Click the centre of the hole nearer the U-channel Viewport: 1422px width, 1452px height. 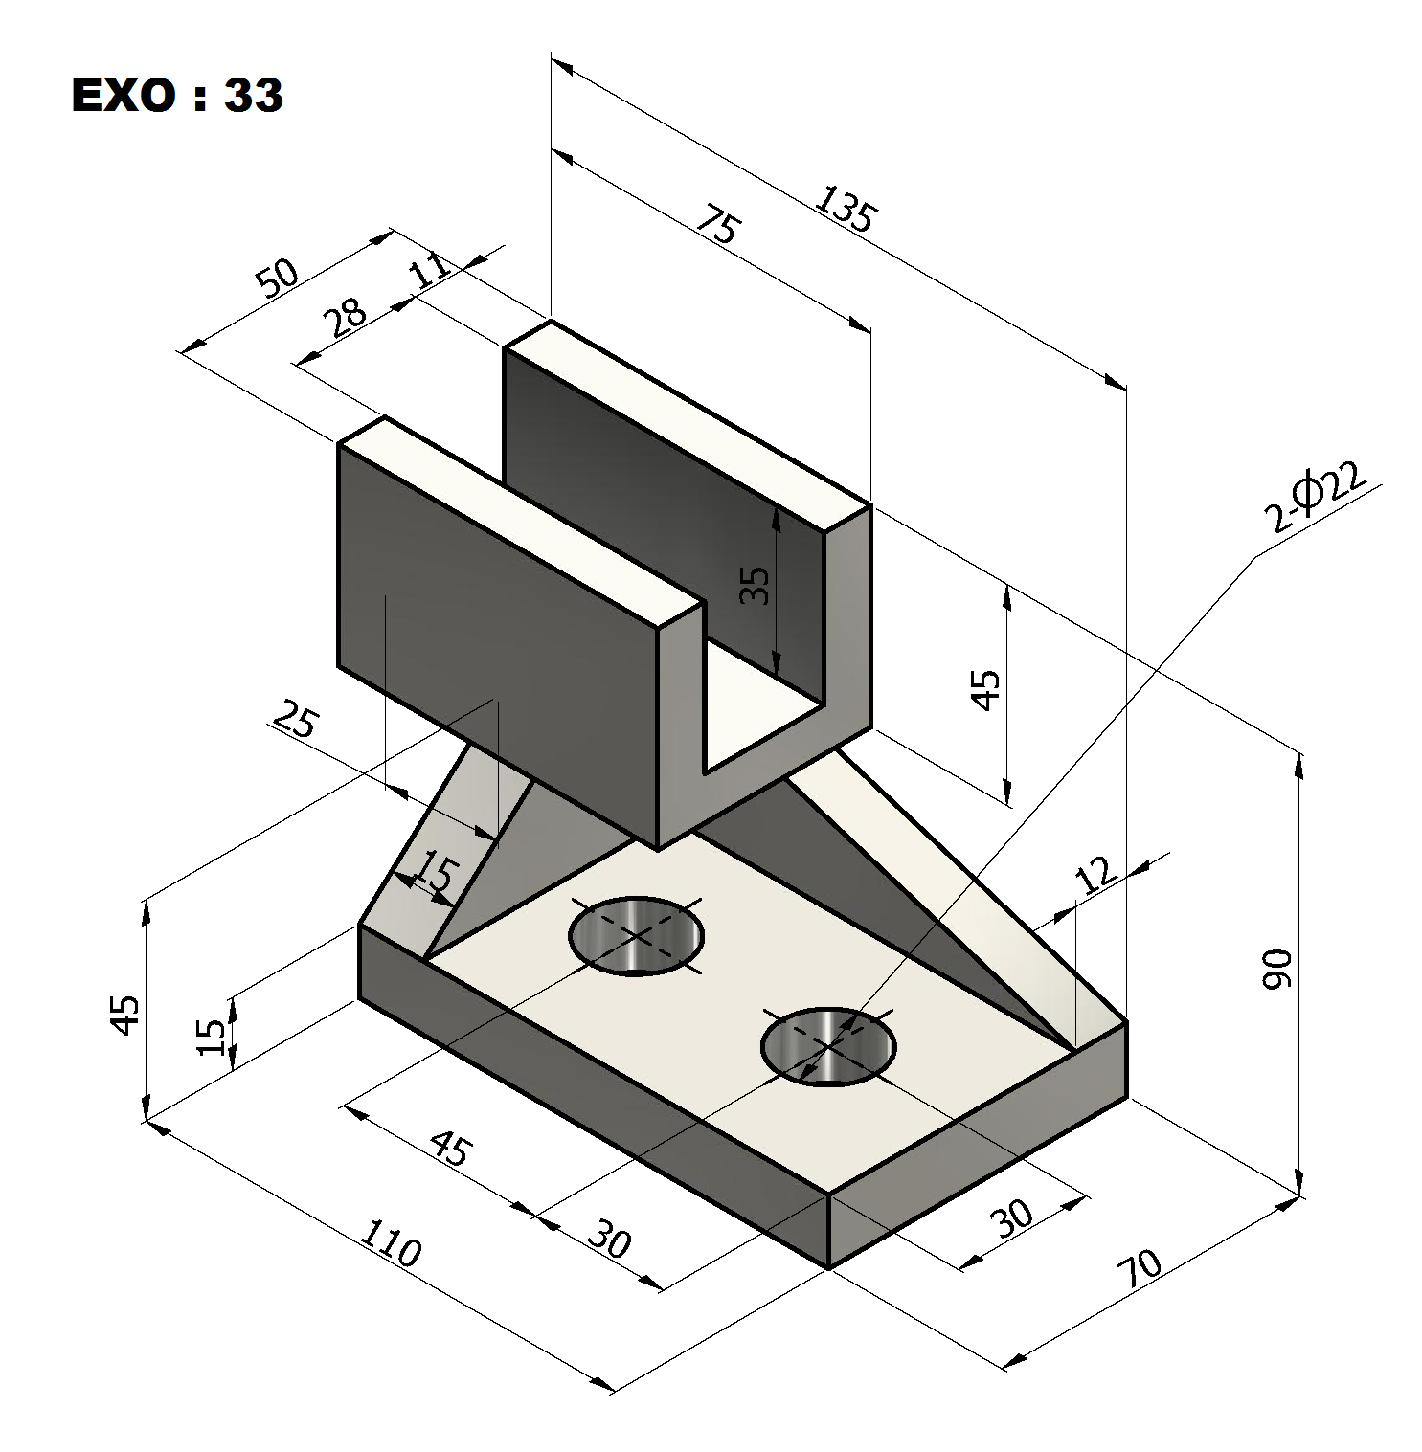(636, 935)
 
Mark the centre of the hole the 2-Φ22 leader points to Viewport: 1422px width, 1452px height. (828, 1045)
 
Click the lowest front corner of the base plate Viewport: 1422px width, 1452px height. (828, 1269)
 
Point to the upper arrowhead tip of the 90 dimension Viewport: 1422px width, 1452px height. (1299, 753)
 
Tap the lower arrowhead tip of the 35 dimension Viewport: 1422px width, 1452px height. (777, 674)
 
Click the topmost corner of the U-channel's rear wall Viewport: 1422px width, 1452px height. (551, 321)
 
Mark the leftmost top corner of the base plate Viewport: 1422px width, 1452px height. (359, 926)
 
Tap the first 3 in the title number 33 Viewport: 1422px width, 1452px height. (238, 95)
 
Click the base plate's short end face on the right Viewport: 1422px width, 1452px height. (977, 1146)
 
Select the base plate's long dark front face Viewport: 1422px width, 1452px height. (594, 1097)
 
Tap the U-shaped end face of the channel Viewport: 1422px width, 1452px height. (764, 678)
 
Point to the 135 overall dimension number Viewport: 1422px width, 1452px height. (845, 210)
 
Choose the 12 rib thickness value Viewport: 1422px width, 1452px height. (1095, 873)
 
